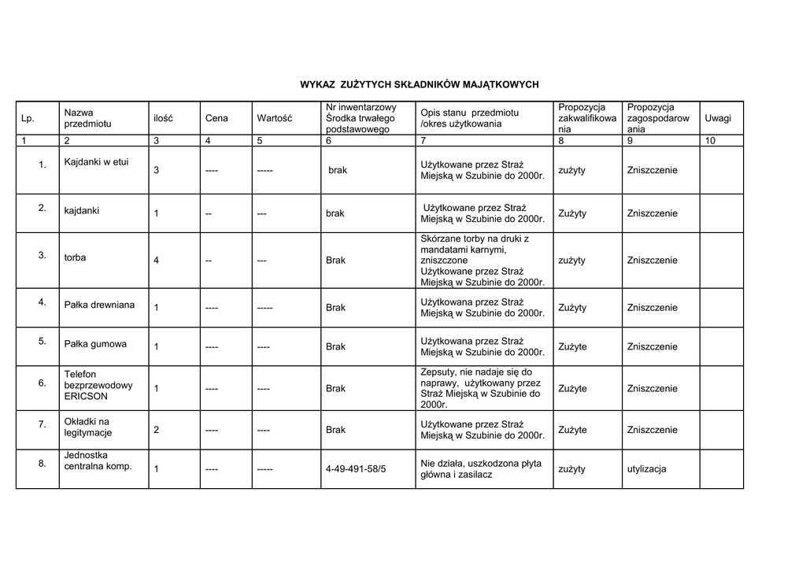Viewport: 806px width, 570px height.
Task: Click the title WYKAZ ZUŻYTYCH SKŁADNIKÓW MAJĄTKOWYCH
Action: pyautogui.click(x=419, y=84)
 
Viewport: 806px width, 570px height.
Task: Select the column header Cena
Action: pyautogui.click(x=216, y=119)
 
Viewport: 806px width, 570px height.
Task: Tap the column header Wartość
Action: pyautogui.click(x=274, y=119)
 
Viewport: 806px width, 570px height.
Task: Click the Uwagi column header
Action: pyautogui.click(x=717, y=118)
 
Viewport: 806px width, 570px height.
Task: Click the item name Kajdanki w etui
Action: pyautogui.click(x=96, y=162)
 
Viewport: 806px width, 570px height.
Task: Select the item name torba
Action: pyautogui.click(x=76, y=257)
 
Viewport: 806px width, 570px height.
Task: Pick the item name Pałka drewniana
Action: pyautogui.click(x=99, y=305)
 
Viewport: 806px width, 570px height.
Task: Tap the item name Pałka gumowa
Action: pyautogui.click(x=95, y=344)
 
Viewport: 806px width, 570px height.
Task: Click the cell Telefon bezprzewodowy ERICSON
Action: pyautogui.click(x=98, y=385)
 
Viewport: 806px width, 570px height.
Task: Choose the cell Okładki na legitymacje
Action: pyautogui.click(x=87, y=427)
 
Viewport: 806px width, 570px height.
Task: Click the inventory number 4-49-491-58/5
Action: pyautogui.click(x=356, y=469)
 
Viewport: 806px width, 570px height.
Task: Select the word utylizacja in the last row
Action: pyautogui.click(x=646, y=469)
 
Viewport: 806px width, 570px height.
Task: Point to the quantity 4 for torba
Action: pyautogui.click(x=156, y=261)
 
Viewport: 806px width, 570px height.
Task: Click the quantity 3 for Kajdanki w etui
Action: pyautogui.click(x=156, y=171)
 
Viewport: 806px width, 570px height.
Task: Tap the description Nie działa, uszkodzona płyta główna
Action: pyautogui.click(x=481, y=468)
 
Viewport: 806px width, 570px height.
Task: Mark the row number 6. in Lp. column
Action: pyautogui.click(x=43, y=383)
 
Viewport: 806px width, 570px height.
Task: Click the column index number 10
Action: pyautogui.click(x=710, y=141)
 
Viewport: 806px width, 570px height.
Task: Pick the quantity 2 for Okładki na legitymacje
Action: pyautogui.click(x=156, y=430)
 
